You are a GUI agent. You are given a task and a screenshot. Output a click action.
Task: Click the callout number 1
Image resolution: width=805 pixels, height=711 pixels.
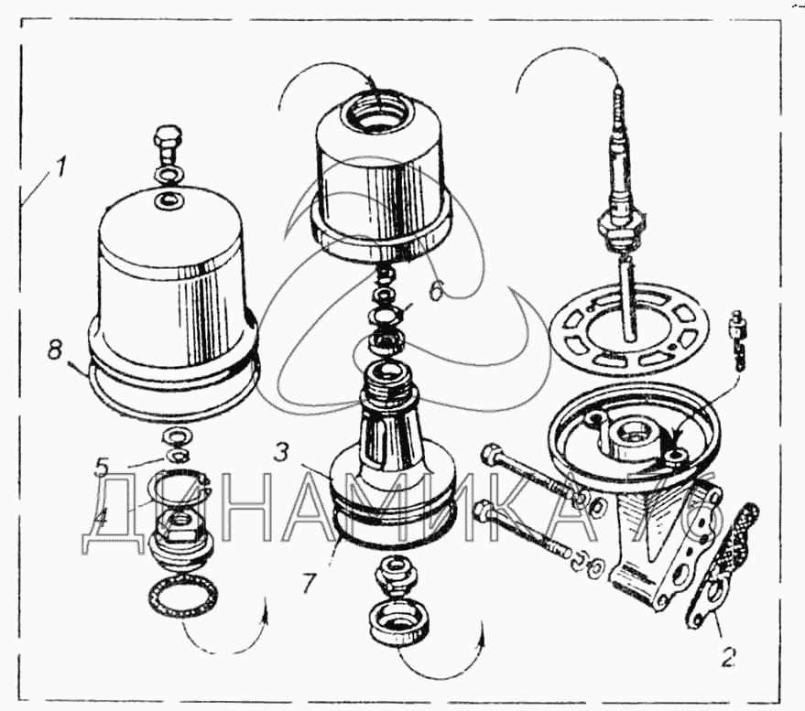click(x=60, y=168)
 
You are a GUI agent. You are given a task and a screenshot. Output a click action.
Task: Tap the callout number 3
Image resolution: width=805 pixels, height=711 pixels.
click(x=283, y=451)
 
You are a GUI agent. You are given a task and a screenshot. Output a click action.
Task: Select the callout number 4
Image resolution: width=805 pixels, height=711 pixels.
click(x=103, y=515)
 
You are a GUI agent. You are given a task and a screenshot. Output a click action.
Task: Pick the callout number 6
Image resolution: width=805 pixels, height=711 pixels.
click(x=436, y=289)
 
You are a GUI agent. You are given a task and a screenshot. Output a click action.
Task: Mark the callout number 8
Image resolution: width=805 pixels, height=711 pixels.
click(x=56, y=350)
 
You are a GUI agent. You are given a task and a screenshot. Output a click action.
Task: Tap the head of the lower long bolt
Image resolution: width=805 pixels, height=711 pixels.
click(x=486, y=509)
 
